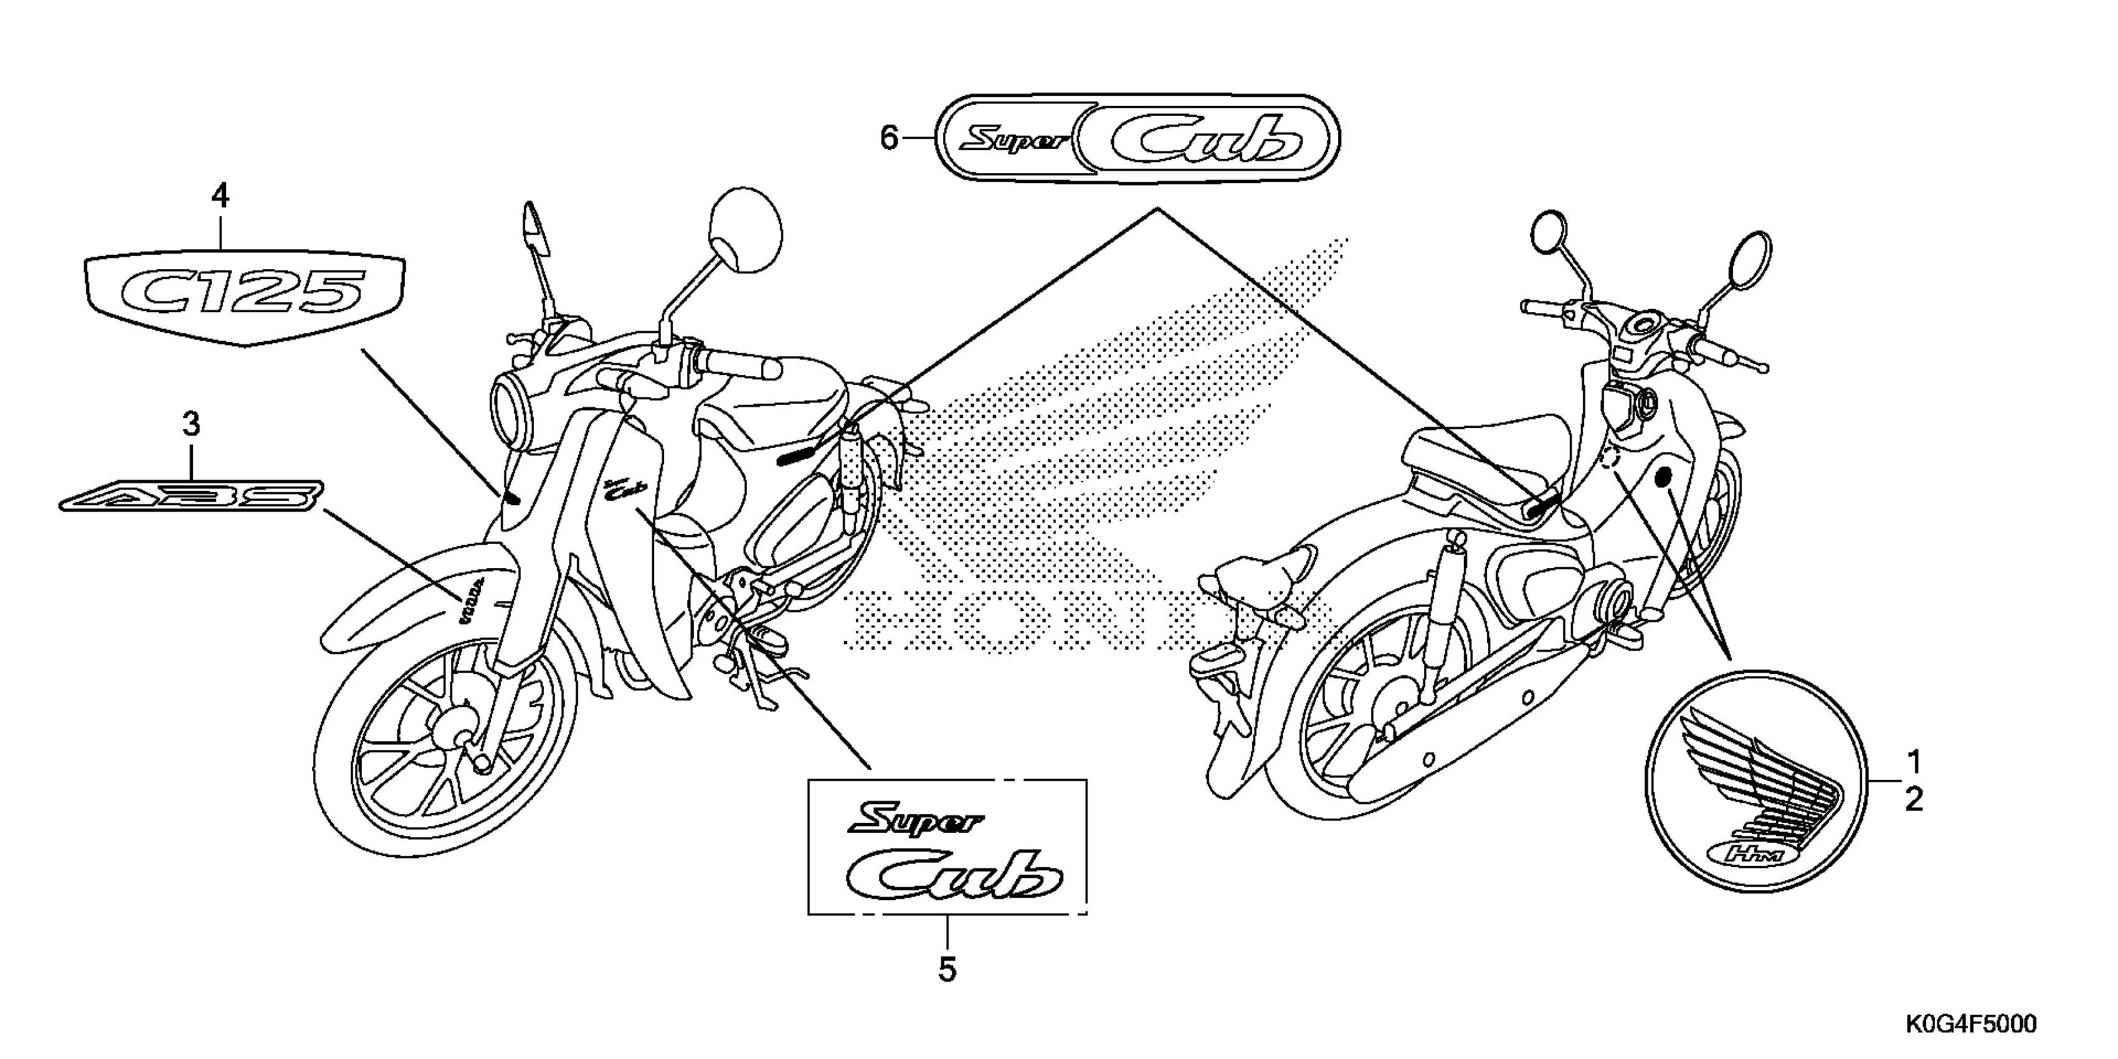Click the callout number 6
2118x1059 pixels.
tap(889, 138)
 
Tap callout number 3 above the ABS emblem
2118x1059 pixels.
tap(191, 425)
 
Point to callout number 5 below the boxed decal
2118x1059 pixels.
tap(947, 970)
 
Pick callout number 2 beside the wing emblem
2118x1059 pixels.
tap(1913, 800)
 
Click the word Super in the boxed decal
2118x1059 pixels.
tap(915, 820)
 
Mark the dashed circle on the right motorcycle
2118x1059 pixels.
tap(1611, 458)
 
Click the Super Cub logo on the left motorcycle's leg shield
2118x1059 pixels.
tap(622, 491)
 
